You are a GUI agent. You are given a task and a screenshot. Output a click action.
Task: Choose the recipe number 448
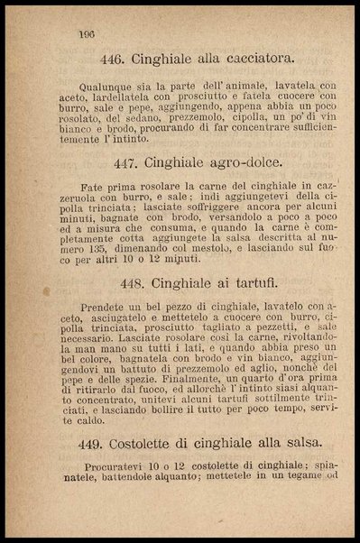pyautogui.click(x=134, y=282)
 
